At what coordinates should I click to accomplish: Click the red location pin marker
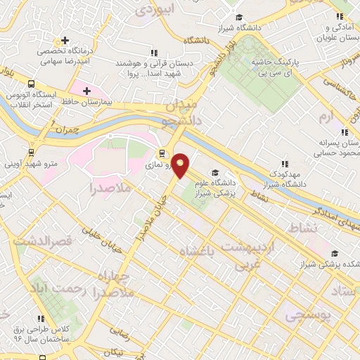(181, 164)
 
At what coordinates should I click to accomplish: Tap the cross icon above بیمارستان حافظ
(86, 91)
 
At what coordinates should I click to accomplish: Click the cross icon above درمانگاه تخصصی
(65, 40)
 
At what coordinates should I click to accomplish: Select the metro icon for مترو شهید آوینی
(31, 151)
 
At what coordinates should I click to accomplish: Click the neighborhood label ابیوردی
(154, 10)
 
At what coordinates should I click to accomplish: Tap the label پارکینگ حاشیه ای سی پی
(276, 67)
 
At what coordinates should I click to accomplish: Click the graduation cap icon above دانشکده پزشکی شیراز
(334, 254)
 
